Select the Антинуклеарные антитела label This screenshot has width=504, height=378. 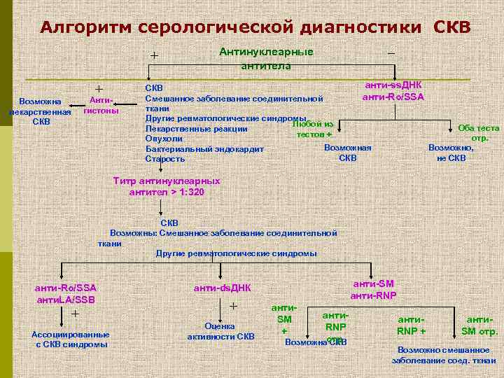tap(266, 59)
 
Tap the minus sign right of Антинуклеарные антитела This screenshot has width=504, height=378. tap(391, 53)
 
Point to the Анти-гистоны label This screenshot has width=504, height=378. tap(100, 106)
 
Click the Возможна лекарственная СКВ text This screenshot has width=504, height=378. tap(41, 111)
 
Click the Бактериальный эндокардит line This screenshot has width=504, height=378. tap(204, 148)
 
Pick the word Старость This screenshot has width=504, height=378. tap(165, 159)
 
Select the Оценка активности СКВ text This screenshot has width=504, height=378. tap(220, 331)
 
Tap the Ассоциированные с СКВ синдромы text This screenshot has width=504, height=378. tap(71, 338)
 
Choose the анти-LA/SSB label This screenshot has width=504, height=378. tap(65, 300)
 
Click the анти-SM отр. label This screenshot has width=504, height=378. tap(479, 325)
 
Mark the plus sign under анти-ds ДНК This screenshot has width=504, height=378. tap(234, 307)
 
